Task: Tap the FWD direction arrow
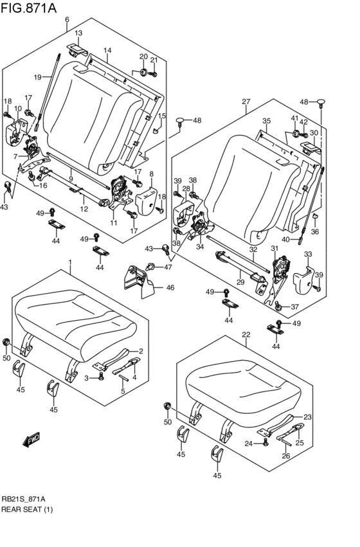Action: click(x=32, y=440)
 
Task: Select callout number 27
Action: click(x=246, y=102)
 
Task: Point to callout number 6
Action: click(x=67, y=20)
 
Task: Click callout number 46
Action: click(x=170, y=287)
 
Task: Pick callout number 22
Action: click(x=246, y=334)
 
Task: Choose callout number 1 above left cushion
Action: click(x=69, y=262)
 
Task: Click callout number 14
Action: click(x=107, y=50)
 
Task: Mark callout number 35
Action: click(x=266, y=121)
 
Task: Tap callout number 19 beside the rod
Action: click(x=37, y=77)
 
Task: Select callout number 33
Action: click(x=308, y=254)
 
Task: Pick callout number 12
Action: click(x=84, y=209)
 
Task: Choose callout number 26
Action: click(x=286, y=456)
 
